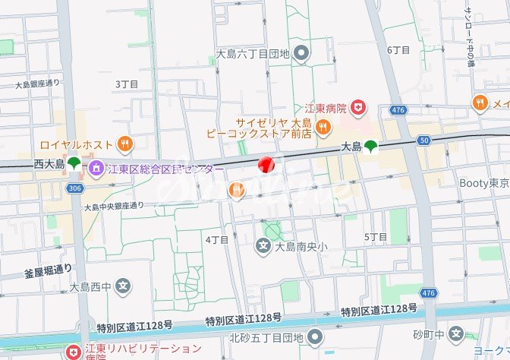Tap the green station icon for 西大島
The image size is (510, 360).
point(74,163)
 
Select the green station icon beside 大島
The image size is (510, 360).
point(370,147)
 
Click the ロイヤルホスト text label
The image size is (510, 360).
point(75,143)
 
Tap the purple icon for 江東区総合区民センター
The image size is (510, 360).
point(96,166)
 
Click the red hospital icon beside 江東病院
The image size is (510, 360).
point(359,109)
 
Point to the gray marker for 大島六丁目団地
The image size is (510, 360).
point(302,53)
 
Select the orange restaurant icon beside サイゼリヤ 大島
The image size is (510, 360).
point(323,127)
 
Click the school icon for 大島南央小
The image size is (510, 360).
point(263,246)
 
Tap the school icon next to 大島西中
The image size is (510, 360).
point(124,286)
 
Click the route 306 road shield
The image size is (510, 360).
point(74,188)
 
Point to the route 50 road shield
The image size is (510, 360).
point(423,140)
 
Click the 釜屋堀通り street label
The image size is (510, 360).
point(48,268)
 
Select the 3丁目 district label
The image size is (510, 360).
point(127,84)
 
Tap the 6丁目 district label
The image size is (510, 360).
point(398,50)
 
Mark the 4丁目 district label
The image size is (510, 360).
point(217,239)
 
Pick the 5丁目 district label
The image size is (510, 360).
point(376,237)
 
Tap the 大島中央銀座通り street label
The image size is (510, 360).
point(114,206)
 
